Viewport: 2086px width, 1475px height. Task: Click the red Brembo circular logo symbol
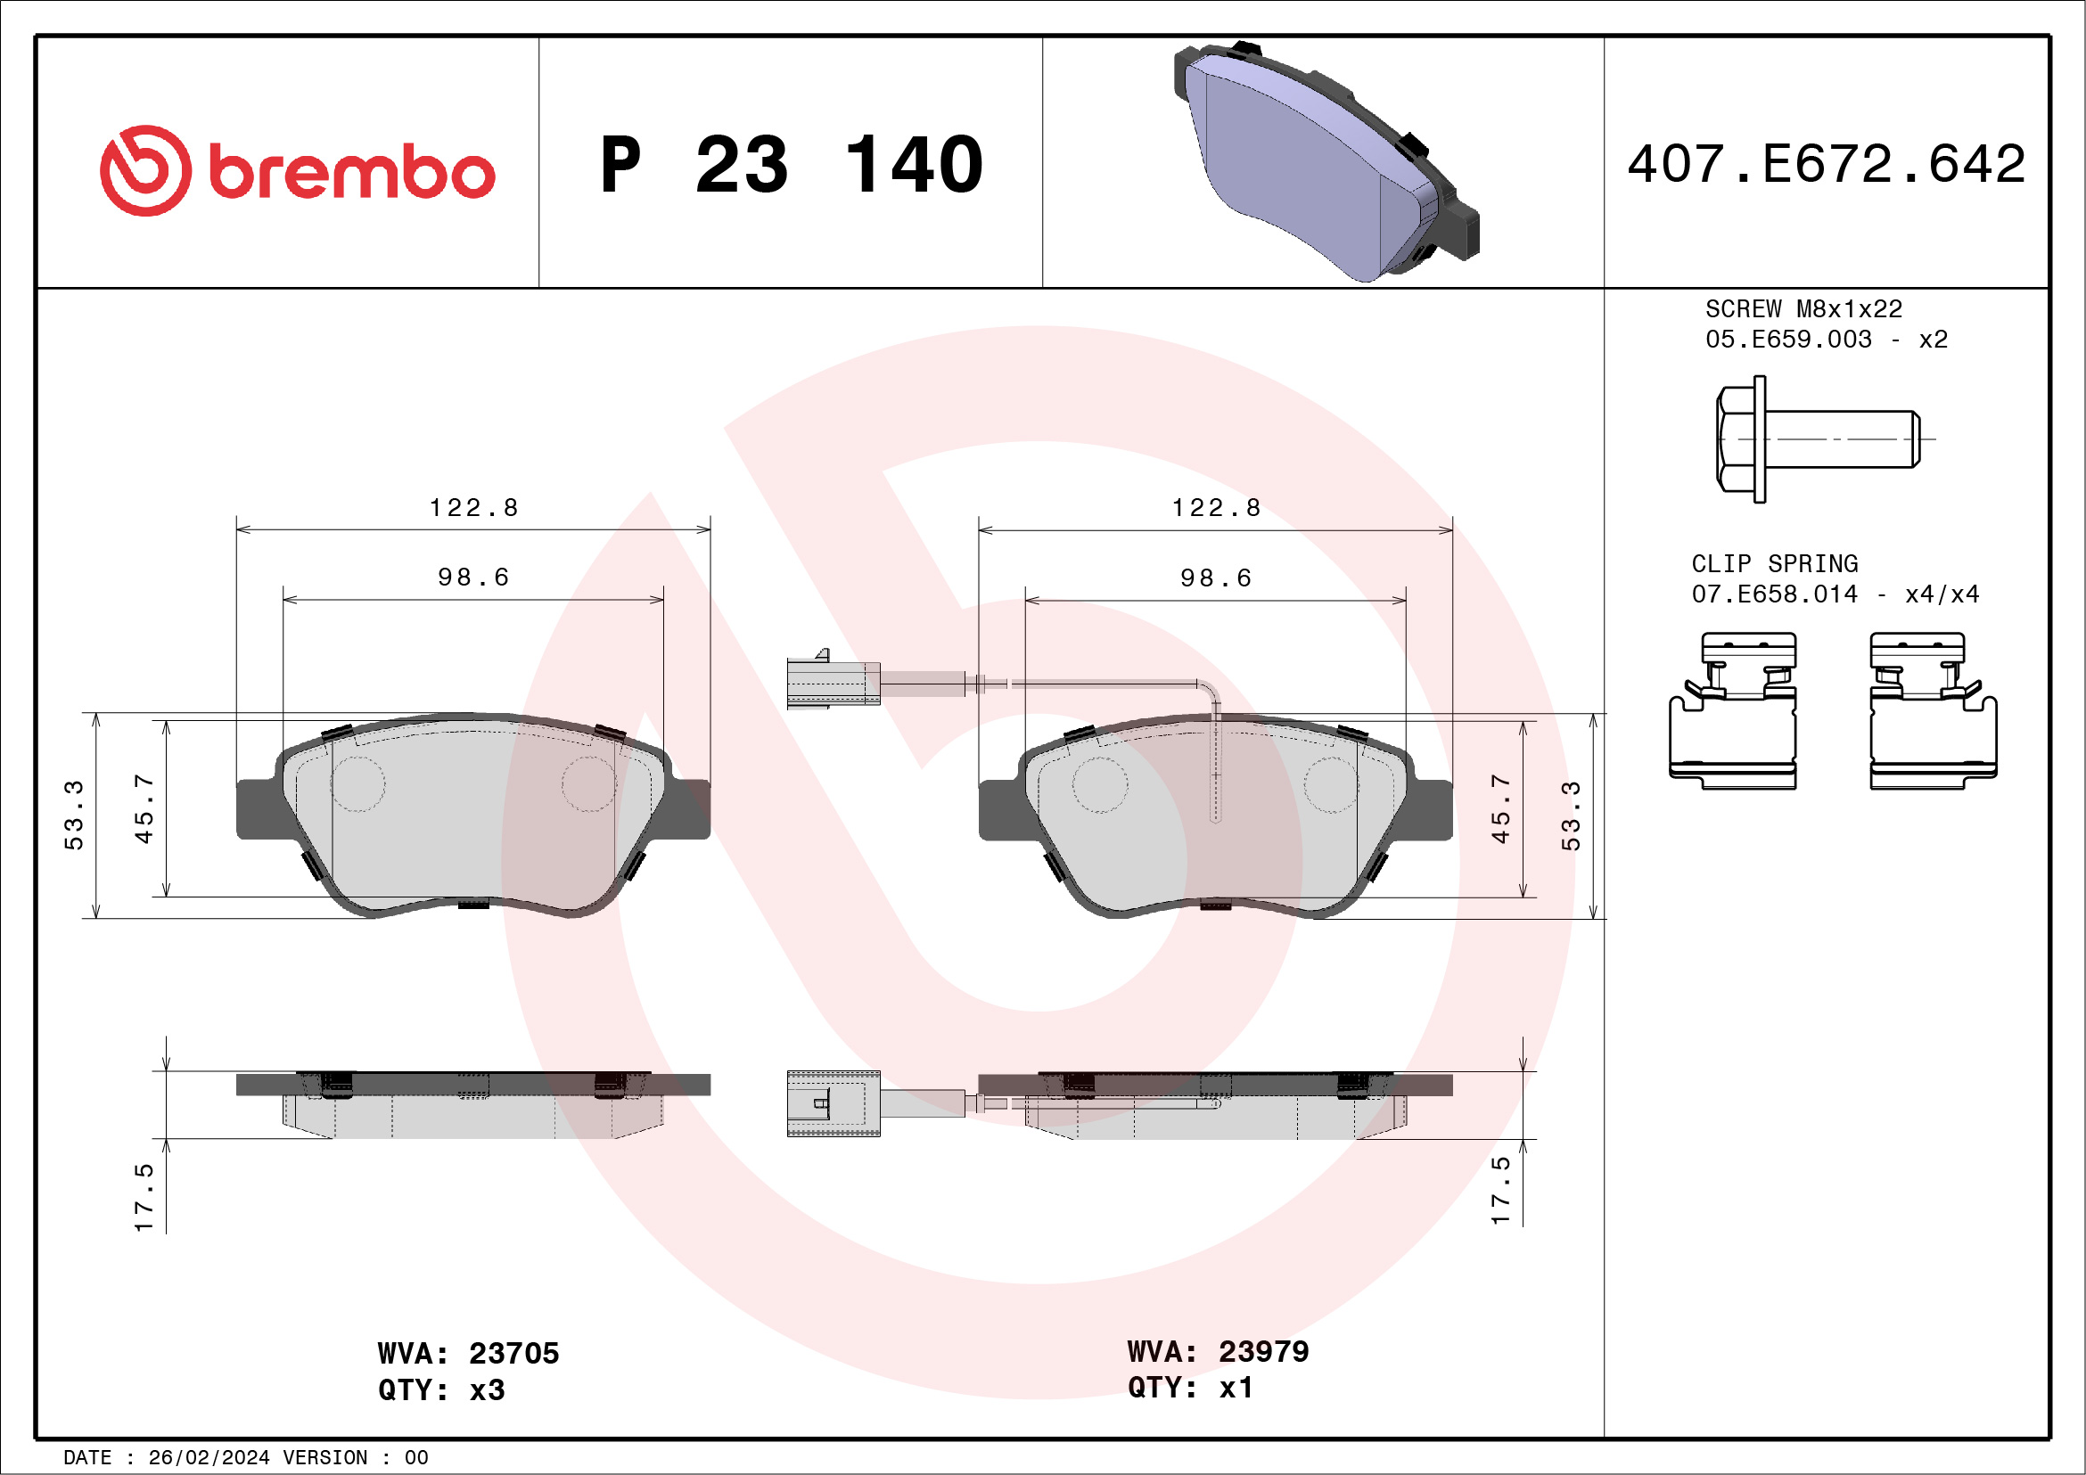point(145,171)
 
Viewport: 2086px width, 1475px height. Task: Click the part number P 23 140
point(791,165)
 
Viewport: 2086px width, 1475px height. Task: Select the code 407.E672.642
point(1827,164)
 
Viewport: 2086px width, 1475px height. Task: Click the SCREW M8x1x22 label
point(1803,308)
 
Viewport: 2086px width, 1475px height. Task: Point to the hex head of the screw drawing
point(1737,438)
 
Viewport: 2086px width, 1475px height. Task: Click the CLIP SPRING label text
point(1773,563)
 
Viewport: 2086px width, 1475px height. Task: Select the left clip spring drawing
point(1732,711)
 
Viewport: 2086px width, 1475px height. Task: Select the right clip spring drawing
point(1933,711)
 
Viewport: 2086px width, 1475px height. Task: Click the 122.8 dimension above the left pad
point(473,508)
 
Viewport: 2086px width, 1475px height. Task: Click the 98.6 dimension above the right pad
point(1215,578)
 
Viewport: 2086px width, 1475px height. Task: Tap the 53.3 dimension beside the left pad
point(74,815)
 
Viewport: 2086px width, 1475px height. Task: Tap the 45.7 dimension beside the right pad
point(1500,808)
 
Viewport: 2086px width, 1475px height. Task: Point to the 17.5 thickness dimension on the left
point(144,1197)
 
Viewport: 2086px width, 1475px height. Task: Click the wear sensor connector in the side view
point(833,1102)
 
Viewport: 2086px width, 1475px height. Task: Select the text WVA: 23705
point(468,1353)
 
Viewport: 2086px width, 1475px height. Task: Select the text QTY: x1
point(1189,1388)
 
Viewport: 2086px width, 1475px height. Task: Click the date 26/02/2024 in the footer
point(209,1458)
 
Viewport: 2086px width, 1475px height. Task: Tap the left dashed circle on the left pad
point(357,783)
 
